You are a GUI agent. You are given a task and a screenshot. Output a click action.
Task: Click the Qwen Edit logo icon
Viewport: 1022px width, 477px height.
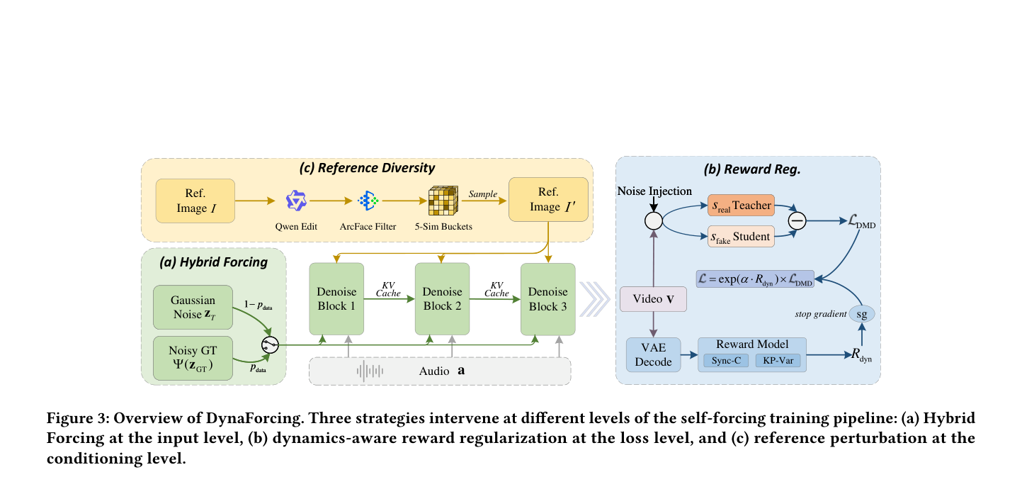pyautogui.click(x=295, y=201)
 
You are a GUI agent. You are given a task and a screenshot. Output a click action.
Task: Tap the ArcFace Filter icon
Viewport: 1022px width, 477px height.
pyautogui.click(x=368, y=201)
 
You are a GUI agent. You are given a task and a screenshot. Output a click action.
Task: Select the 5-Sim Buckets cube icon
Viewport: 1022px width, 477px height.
pyautogui.click(x=443, y=201)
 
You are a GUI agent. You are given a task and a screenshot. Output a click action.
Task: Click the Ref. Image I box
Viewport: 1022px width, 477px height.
pyautogui.click(x=195, y=201)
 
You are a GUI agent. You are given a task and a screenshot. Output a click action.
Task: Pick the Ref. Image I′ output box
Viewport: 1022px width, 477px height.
pyautogui.click(x=548, y=199)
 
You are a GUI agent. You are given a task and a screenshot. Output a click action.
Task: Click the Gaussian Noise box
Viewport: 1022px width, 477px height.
pyautogui.click(x=193, y=307)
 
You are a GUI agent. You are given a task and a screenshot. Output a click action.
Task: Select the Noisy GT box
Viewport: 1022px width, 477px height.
pyautogui.click(x=193, y=359)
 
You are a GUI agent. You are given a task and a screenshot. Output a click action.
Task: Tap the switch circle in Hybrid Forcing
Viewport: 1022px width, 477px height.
pyautogui.click(x=270, y=344)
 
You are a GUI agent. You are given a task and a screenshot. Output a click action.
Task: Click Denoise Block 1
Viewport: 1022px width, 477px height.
pyautogui.click(x=336, y=299)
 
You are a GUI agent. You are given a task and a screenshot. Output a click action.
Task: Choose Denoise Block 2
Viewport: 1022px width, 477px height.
pyautogui.click(x=442, y=299)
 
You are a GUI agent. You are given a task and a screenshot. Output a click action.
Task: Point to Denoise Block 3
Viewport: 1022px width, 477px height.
pyautogui.click(x=548, y=299)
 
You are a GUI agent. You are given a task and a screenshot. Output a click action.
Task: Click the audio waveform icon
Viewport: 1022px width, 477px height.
pyautogui.click(x=370, y=371)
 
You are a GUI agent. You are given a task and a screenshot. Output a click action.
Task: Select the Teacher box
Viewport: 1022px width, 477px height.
pyautogui.click(x=741, y=206)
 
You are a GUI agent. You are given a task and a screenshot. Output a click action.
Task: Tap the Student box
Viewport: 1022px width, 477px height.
pyautogui.click(x=741, y=237)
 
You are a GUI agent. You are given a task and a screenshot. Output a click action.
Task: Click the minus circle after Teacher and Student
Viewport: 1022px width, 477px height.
pyautogui.click(x=797, y=221)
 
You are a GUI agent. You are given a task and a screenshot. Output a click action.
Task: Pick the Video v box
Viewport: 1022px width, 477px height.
pyautogui.click(x=653, y=299)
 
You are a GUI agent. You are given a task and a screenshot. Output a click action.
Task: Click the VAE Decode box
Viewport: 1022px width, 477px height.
pyautogui.click(x=653, y=354)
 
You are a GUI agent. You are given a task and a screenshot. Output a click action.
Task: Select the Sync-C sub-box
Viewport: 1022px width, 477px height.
pyautogui.click(x=726, y=361)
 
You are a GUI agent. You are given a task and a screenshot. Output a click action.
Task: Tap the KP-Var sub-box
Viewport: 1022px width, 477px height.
pyautogui.click(x=778, y=361)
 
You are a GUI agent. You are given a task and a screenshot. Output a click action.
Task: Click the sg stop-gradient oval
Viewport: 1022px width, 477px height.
pyautogui.click(x=862, y=314)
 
